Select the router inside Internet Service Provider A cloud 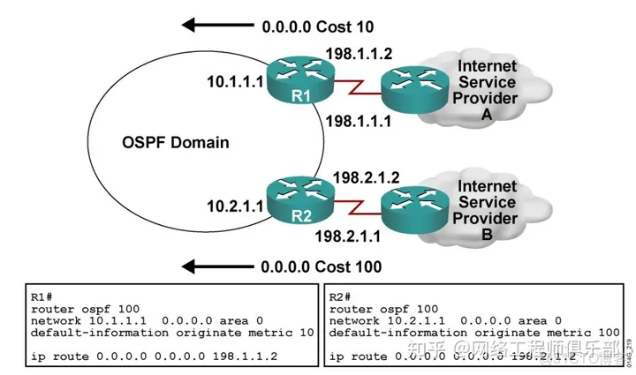click(x=407, y=83)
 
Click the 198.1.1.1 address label click(x=355, y=118)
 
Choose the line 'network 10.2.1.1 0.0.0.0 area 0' click(x=444, y=321)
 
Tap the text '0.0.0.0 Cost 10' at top click(x=321, y=26)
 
